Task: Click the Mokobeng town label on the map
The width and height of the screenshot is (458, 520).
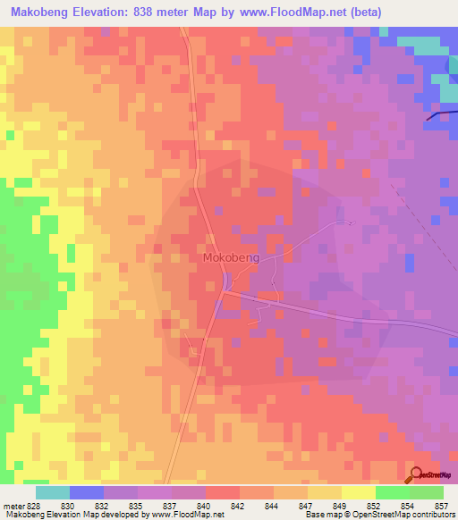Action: pyautogui.click(x=232, y=257)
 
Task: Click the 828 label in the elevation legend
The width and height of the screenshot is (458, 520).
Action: pyautogui.click(x=34, y=505)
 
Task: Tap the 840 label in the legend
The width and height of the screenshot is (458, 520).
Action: pyautogui.click(x=205, y=505)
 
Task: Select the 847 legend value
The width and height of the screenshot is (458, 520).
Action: pyautogui.click(x=307, y=505)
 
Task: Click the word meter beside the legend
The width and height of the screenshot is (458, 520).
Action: pyautogui.click(x=13, y=505)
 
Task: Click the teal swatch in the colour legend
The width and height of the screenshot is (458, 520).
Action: pyautogui.click(x=53, y=492)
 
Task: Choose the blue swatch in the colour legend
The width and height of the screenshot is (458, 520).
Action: pyautogui.click(x=87, y=492)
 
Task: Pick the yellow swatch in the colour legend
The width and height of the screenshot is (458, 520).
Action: pyautogui.click(x=359, y=492)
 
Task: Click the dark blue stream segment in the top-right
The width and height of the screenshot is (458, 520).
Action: pyautogui.click(x=438, y=114)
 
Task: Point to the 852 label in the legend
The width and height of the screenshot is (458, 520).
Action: pyautogui.click(x=375, y=505)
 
